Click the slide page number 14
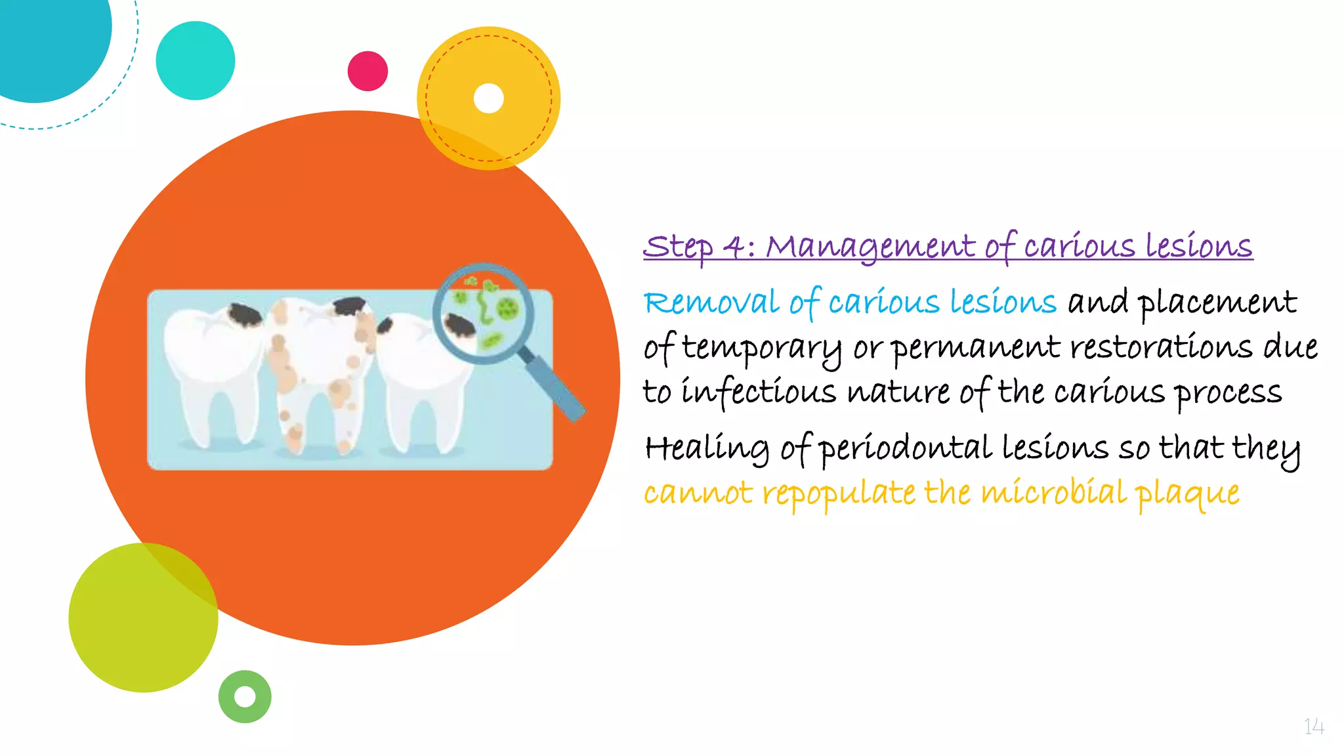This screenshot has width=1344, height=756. click(1314, 726)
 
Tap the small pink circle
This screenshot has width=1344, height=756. click(367, 71)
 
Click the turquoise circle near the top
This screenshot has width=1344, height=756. click(195, 60)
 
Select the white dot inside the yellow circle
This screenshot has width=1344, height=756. click(488, 98)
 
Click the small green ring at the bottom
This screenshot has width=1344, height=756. click(245, 696)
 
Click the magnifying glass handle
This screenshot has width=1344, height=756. click(555, 387)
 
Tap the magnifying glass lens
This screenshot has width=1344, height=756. click(484, 313)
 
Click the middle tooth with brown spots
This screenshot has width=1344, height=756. click(318, 367)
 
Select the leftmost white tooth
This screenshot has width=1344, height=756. click(210, 367)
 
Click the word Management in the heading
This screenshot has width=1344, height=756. click(870, 247)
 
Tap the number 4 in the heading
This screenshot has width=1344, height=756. click(733, 247)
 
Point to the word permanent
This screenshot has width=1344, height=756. click(976, 348)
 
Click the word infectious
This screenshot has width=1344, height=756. click(759, 392)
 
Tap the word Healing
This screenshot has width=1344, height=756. click(706, 449)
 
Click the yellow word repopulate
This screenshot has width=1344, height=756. click(839, 493)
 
